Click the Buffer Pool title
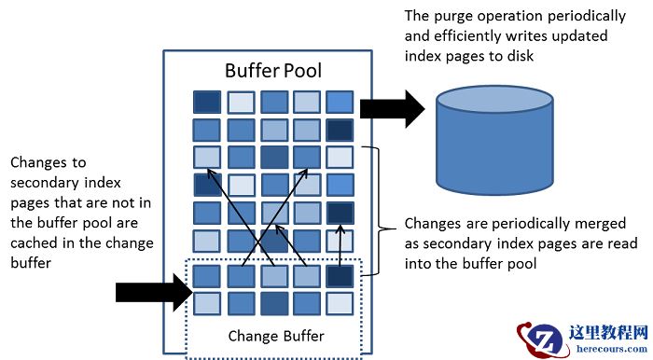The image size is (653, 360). [272, 71]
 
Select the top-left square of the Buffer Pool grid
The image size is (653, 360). [206, 102]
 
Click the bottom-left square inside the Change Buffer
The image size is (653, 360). [206, 303]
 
